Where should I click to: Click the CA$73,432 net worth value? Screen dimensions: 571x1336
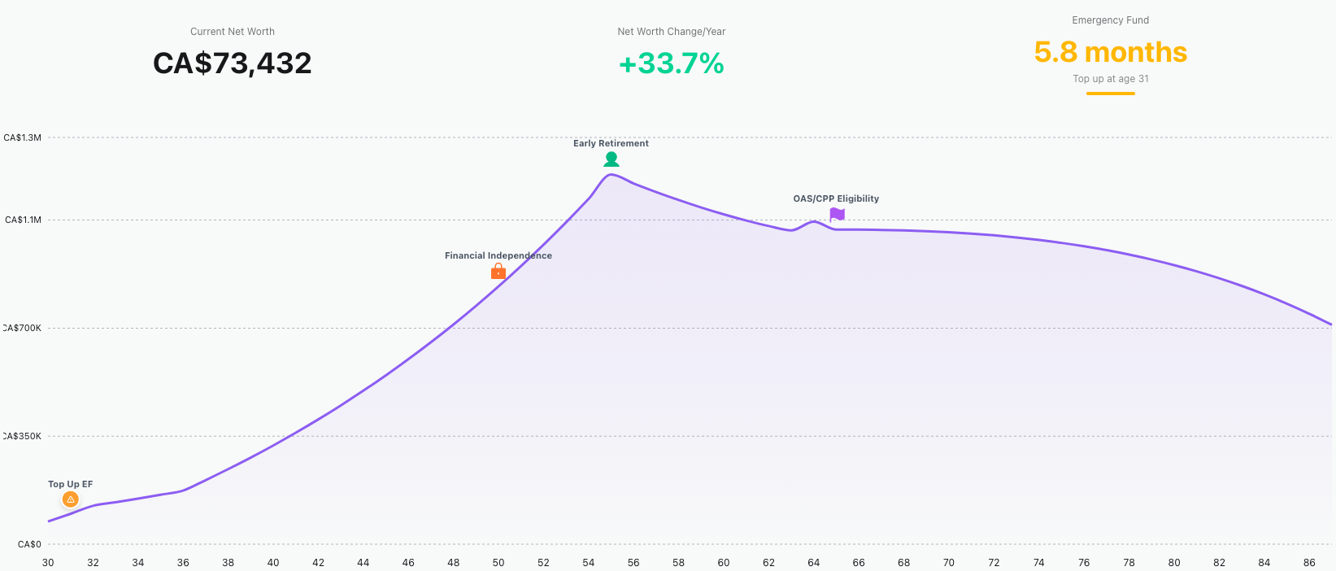[232, 63]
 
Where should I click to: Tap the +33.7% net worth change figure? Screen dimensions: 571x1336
[671, 63]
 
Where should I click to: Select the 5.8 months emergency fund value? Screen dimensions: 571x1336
[1110, 52]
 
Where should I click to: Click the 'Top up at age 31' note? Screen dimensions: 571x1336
[1110, 79]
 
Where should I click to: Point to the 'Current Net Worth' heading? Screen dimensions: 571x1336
[232, 32]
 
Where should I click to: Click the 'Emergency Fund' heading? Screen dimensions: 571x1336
[1110, 20]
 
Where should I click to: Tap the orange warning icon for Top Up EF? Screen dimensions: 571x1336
[71, 499]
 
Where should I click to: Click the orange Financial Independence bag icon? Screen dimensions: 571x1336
[498, 272]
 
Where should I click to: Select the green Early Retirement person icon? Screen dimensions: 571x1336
[611, 159]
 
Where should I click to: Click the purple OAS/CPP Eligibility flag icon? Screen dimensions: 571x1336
[837, 215]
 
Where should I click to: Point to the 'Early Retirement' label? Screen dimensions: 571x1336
[611, 144]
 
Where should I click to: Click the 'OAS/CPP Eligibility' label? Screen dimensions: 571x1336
[836, 198]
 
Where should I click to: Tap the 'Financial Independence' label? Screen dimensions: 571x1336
[498, 255]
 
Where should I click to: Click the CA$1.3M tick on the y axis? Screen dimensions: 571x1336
[22, 137]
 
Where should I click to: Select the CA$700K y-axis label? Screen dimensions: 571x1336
[22, 328]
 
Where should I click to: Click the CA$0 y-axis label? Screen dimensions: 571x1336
[29, 544]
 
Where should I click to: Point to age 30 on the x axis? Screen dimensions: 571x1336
[48, 562]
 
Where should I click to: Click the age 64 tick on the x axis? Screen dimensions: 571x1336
[813, 562]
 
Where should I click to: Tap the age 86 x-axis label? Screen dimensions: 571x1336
[1308, 562]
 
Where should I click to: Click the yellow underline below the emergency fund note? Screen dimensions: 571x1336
[1110, 94]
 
